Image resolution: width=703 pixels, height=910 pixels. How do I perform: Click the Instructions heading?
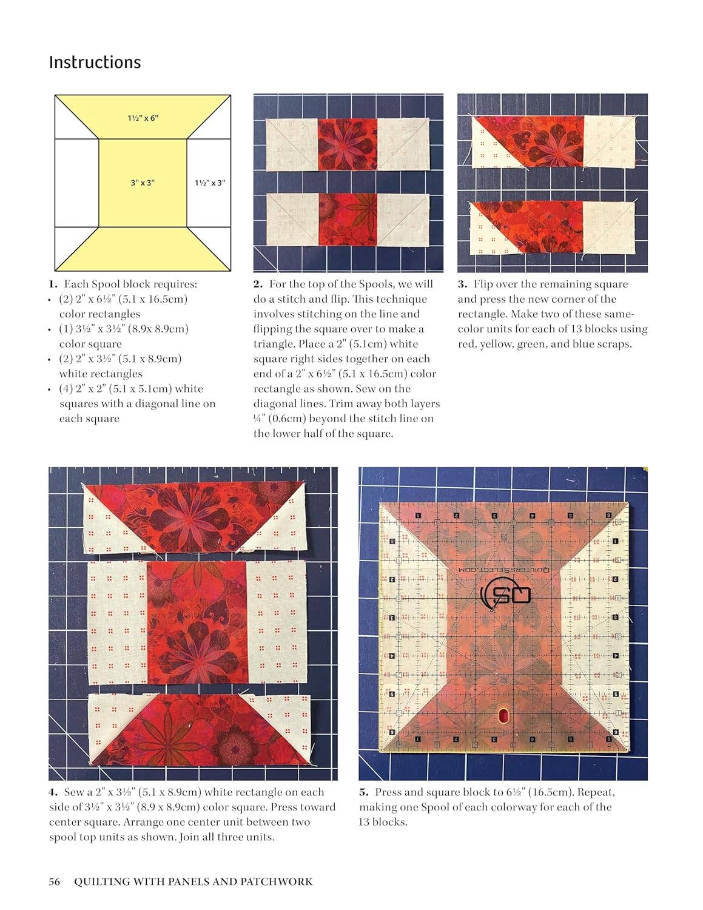(95, 62)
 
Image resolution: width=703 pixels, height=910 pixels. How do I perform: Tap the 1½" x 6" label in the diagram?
(143, 118)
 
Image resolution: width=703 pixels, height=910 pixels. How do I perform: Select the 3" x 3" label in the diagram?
(143, 183)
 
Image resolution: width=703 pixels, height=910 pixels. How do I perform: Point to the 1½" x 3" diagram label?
(209, 183)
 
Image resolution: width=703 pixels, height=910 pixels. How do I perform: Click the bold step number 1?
(53, 284)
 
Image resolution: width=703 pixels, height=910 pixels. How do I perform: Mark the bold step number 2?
(258, 284)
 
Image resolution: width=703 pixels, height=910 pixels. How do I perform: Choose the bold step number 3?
(462, 284)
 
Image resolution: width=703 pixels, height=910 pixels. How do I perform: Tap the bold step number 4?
(53, 792)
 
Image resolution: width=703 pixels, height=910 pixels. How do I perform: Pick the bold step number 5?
(364, 792)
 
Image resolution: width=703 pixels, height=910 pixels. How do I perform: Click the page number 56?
(55, 882)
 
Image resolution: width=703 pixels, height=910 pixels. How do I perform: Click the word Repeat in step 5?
(596, 792)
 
